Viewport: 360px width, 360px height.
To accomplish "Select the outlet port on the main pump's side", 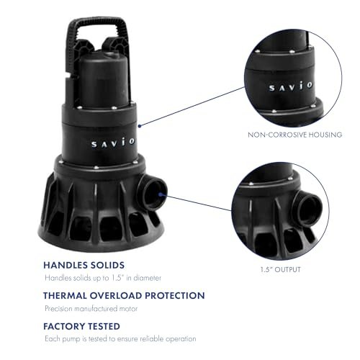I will [x=155, y=192].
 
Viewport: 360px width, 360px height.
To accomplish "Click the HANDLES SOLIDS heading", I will [x=85, y=264].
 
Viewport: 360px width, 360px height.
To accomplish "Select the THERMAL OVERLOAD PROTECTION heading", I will [x=124, y=295].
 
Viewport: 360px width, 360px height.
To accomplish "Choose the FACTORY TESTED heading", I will [x=81, y=325].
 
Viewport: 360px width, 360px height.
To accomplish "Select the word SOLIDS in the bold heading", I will [x=107, y=264].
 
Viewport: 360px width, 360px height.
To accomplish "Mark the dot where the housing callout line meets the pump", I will [x=139, y=124].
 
